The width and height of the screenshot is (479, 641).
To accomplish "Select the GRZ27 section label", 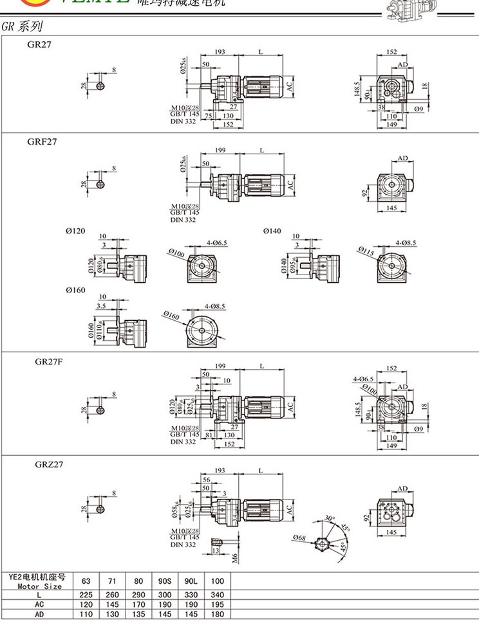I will coord(49,464).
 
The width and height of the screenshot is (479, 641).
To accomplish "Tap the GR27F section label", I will coord(49,361).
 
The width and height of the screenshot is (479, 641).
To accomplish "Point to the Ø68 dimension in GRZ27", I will coord(299,537).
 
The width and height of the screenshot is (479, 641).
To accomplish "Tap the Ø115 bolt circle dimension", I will coord(365,251).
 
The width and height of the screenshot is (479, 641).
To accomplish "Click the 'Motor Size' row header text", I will coord(39,586).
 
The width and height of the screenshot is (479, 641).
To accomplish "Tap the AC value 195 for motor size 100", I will coord(217,605).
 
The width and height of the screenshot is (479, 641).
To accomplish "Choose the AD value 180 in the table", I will coord(217,615).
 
